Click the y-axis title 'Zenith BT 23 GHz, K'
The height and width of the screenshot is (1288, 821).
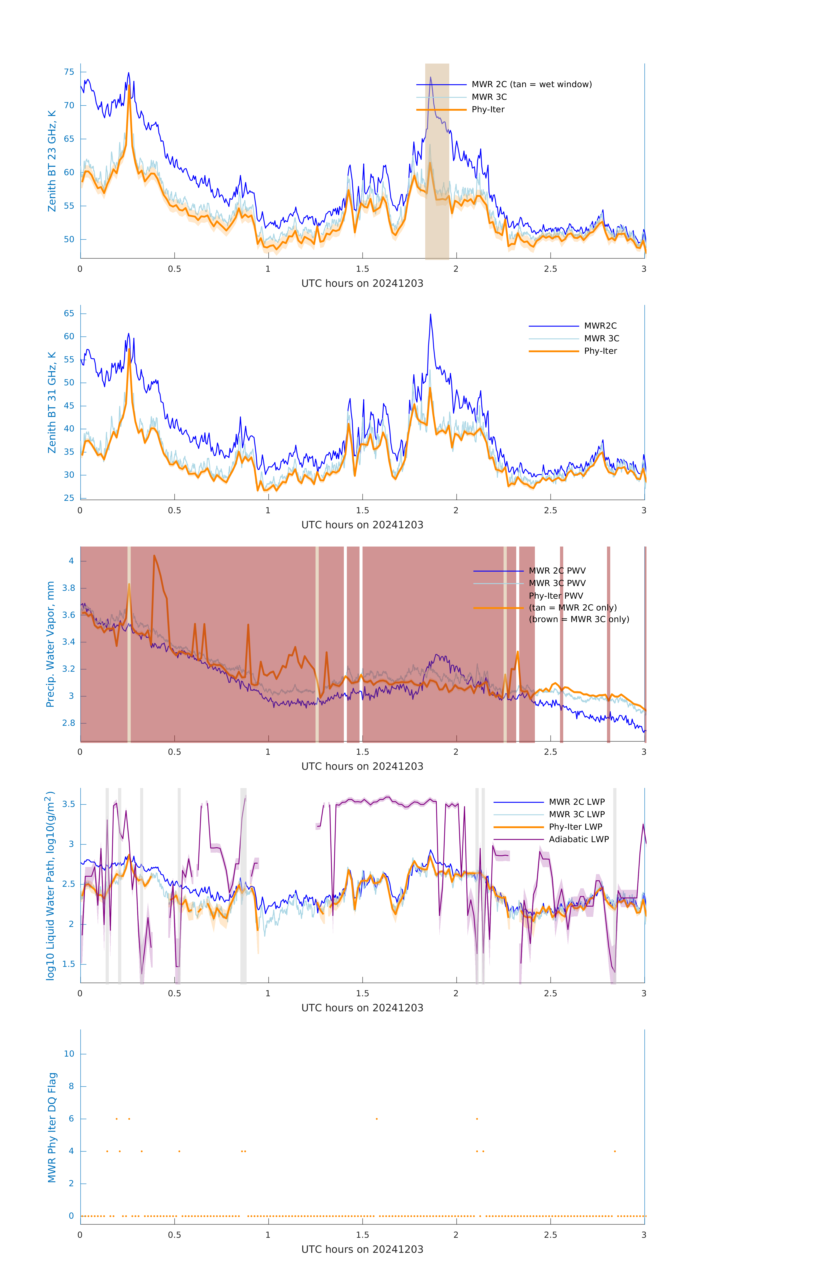click(52, 161)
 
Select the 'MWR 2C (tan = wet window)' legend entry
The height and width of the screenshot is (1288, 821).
click(531, 85)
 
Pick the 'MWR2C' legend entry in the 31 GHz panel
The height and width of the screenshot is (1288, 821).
click(599, 326)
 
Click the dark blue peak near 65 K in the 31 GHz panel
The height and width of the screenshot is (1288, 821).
click(431, 316)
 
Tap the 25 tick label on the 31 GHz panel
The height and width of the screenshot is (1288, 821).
click(69, 498)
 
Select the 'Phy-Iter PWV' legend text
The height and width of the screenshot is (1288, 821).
click(556, 596)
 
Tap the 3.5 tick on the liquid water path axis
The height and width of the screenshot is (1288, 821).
click(68, 805)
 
